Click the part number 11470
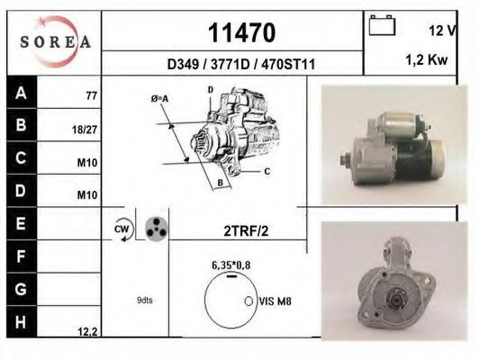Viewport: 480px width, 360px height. (242, 31)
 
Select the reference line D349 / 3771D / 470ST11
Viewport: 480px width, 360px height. (240, 65)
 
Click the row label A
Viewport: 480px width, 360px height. (20, 92)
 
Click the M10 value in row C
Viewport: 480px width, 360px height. (86, 163)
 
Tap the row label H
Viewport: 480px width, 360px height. (20, 320)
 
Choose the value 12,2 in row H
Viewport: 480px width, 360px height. (87, 331)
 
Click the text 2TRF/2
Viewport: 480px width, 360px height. (245, 230)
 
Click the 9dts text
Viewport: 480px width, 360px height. (145, 300)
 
